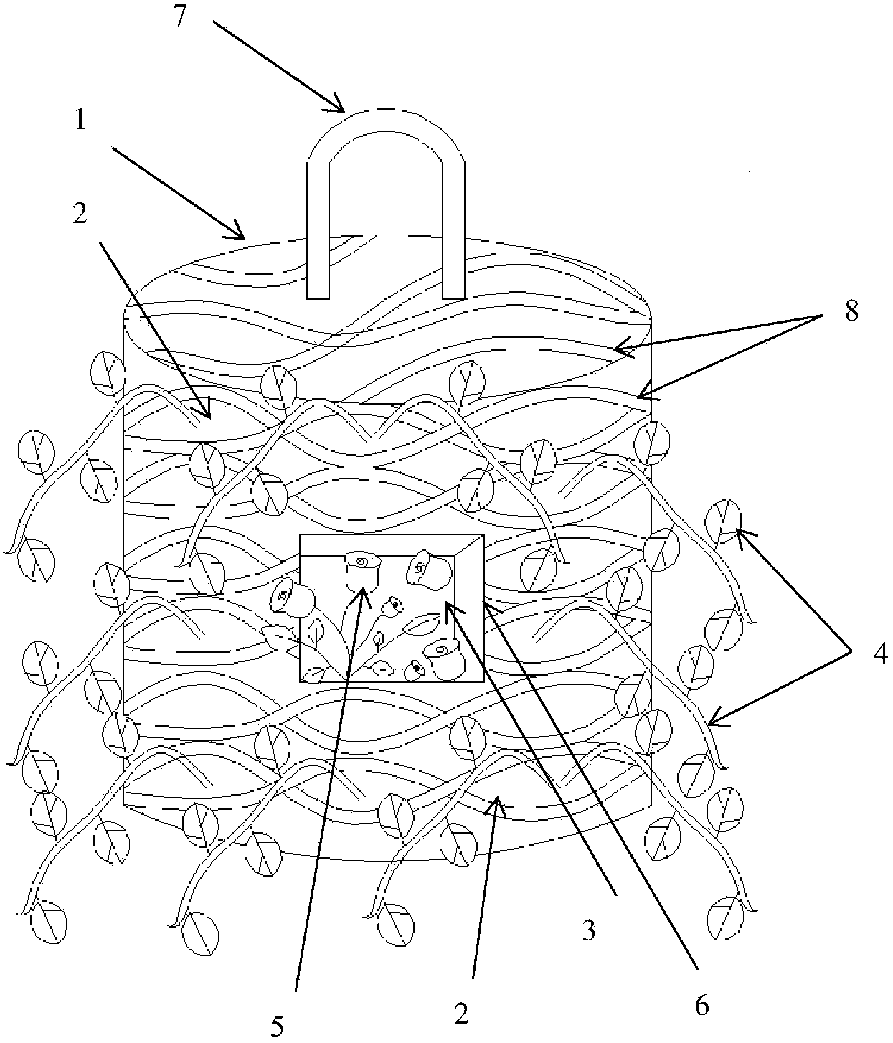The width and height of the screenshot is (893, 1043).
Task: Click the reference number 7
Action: [x=181, y=16]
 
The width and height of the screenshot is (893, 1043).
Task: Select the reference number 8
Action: [x=851, y=313]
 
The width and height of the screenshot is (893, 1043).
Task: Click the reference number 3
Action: [x=588, y=931]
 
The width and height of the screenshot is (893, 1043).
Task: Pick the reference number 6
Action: [x=703, y=1006]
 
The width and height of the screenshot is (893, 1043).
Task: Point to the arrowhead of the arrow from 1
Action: [x=244, y=237]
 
